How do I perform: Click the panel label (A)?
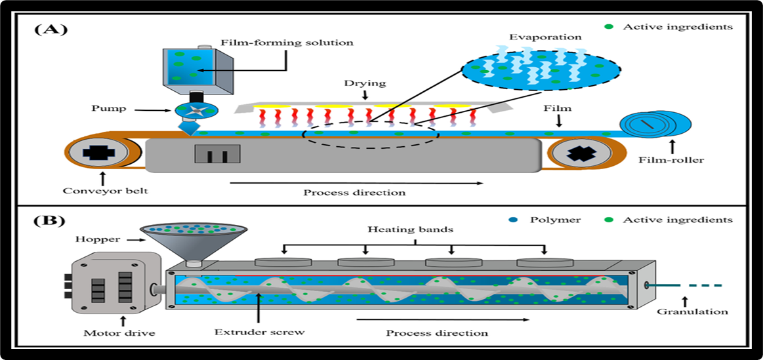coord(51,30)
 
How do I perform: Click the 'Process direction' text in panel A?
coord(354,193)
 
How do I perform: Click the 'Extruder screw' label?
coord(260,332)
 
